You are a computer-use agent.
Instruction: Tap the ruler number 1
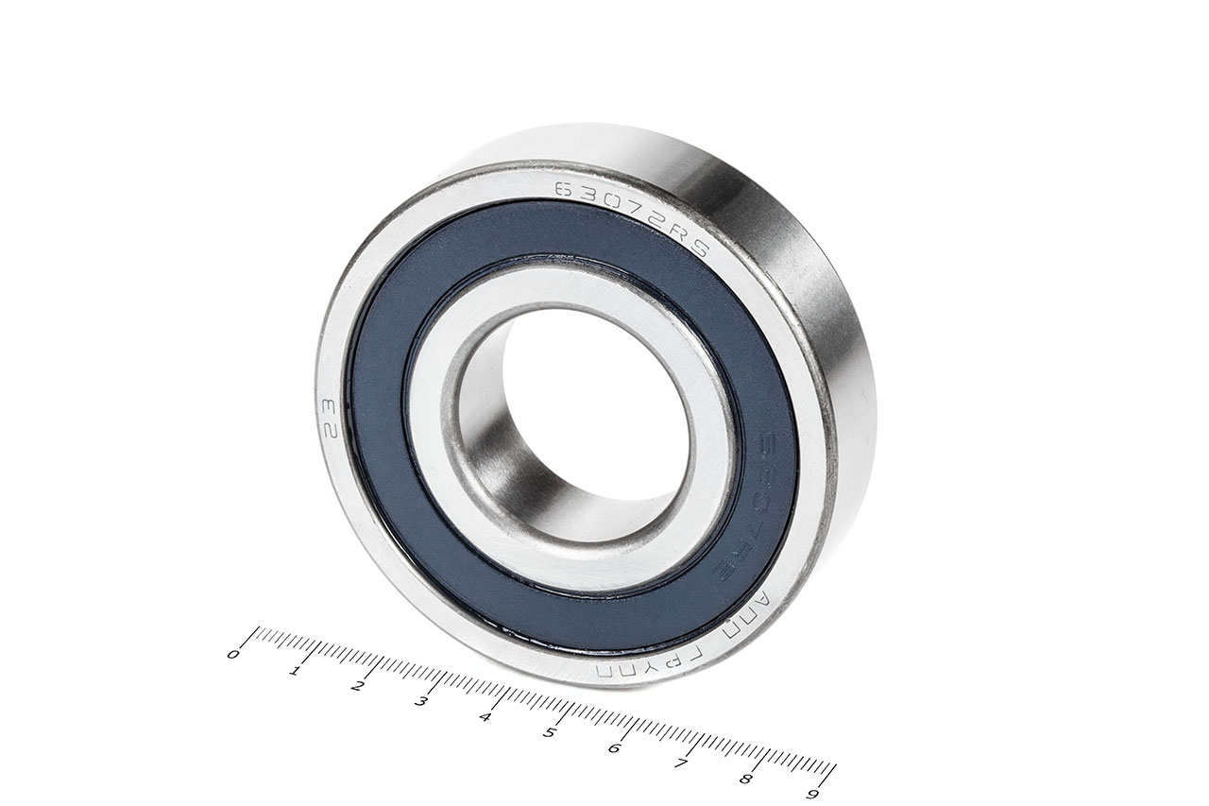click(x=296, y=670)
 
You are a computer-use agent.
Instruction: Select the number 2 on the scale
click(x=358, y=686)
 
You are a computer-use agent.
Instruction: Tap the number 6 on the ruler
click(x=615, y=748)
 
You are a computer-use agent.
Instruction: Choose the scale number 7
click(x=680, y=763)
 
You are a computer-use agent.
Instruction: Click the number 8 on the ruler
click(x=745, y=779)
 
